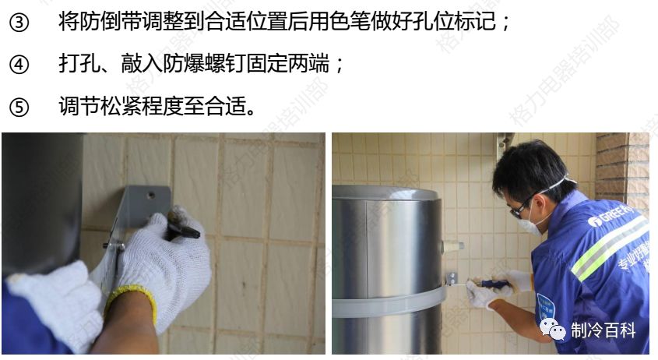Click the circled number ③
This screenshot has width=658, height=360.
(18, 23)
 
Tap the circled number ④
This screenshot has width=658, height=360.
(18, 65)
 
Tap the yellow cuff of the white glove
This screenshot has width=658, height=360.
(132, 301)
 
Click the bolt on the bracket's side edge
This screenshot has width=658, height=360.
(118, 247)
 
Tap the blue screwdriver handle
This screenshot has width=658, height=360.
(495, 284)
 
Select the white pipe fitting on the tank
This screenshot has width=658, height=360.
(452, 245)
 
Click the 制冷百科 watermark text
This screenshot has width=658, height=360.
(603, 330)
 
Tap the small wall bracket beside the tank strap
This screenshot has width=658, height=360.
(451, 278)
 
